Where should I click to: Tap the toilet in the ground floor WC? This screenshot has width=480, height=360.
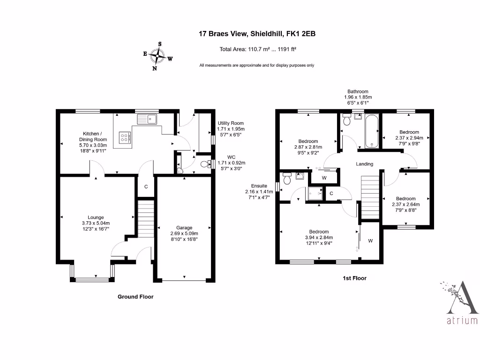205,164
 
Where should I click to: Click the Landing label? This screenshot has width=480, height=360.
364,164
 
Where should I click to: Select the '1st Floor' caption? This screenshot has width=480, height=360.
354,278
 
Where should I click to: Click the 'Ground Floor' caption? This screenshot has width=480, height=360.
135,297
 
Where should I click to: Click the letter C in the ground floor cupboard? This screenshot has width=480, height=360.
146,187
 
